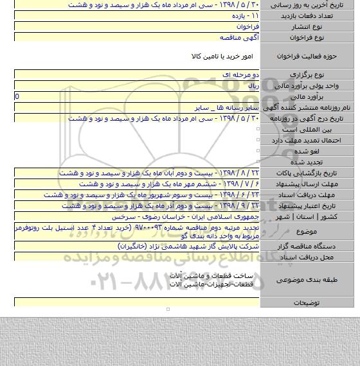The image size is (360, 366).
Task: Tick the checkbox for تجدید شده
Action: click(x=257, y=162)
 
